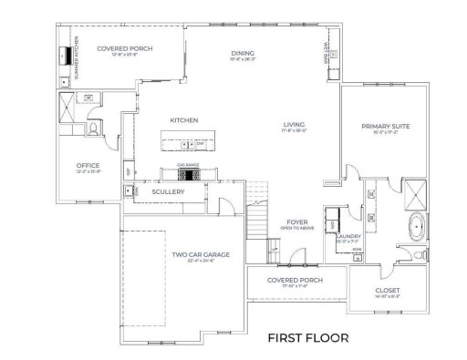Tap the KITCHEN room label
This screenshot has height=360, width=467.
coord(184,120)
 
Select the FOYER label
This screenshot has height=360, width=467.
coord(297,221)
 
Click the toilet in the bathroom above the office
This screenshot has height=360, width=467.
coord(95,131)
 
